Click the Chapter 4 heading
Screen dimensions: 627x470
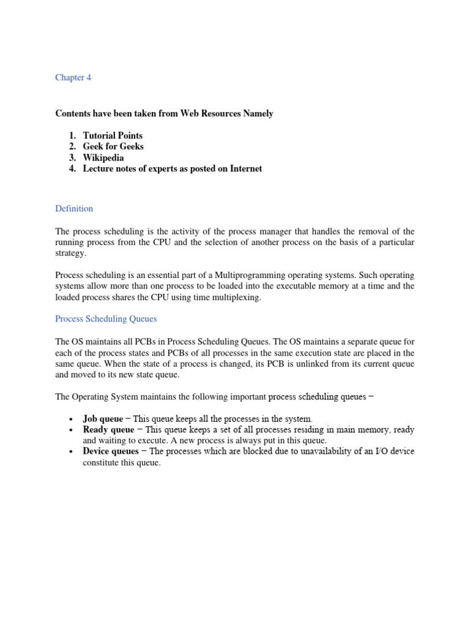73,78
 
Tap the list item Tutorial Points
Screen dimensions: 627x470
113,135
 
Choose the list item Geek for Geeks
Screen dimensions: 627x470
113,146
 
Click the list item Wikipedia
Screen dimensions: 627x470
103,157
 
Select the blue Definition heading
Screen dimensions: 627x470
74,209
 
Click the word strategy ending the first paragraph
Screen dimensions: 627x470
71,253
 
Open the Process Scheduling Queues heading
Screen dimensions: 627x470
106,319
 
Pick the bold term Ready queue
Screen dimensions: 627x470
108,430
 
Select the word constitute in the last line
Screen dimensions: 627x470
102,463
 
